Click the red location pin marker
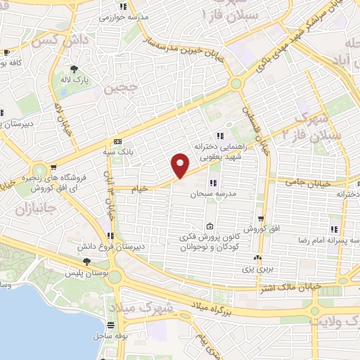(181, 165)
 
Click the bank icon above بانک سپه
(117, 141)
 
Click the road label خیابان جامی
(304, 182)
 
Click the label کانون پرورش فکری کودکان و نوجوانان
(210, 243)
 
